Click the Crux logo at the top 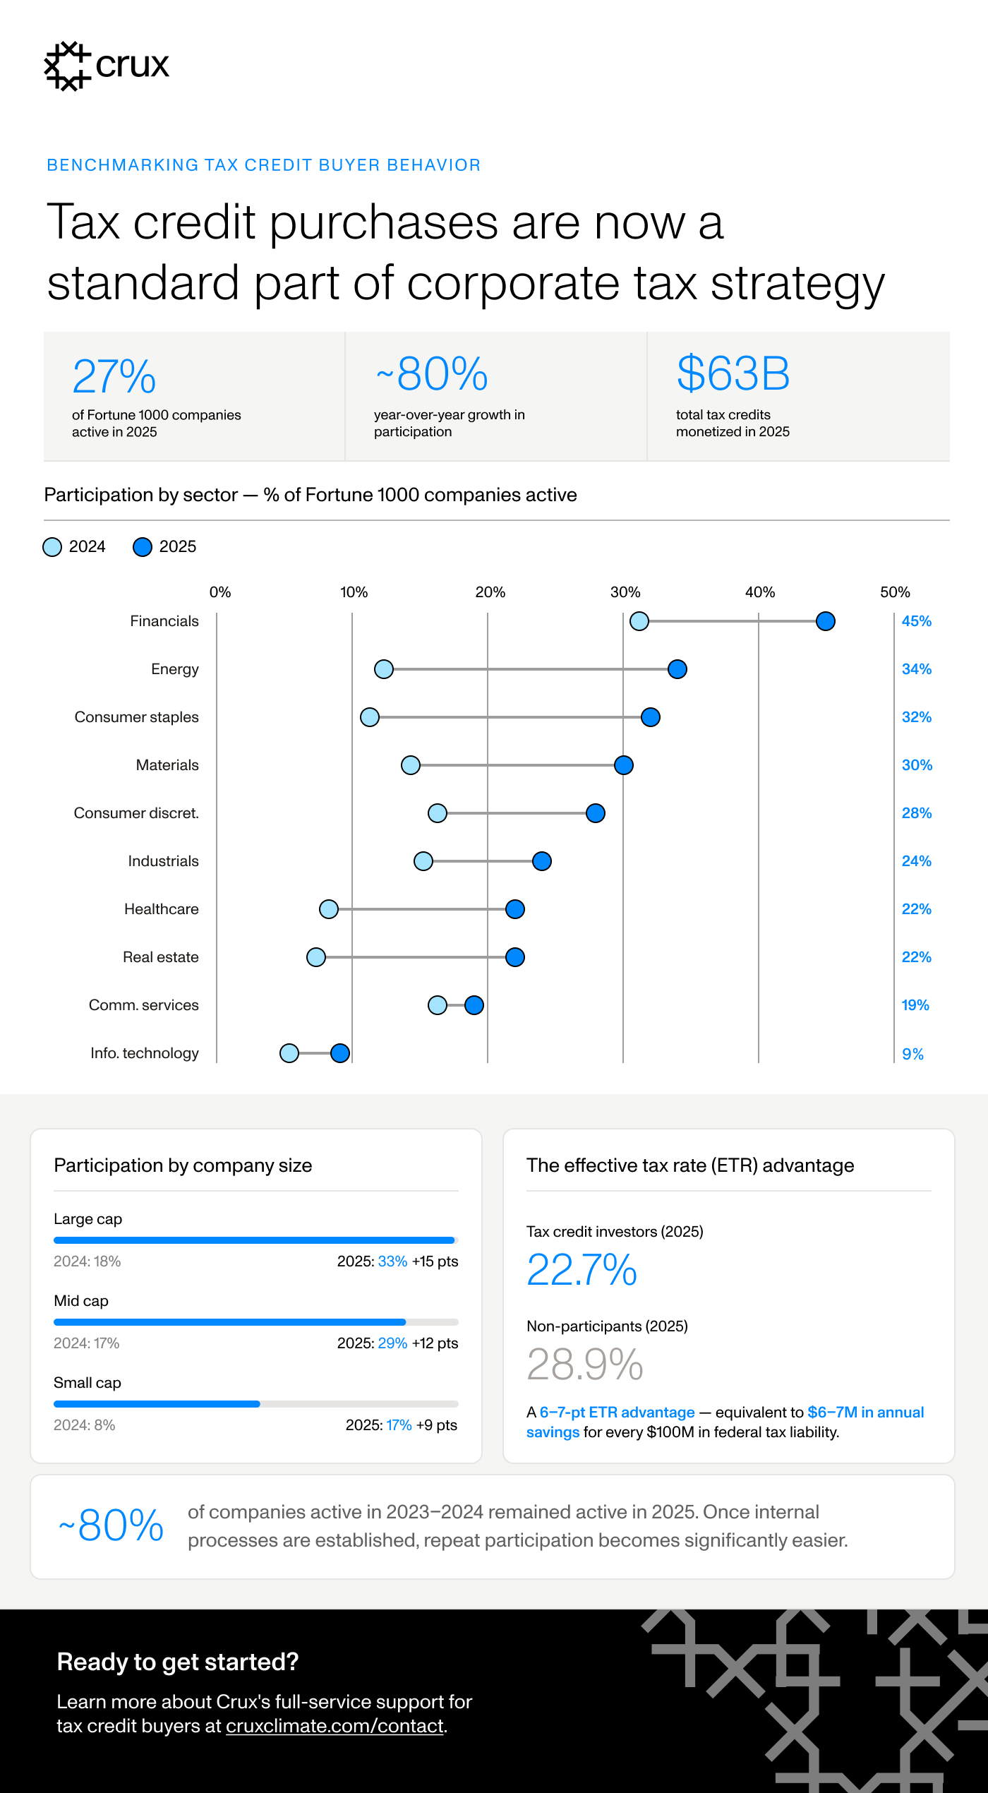click(x=107, y=66)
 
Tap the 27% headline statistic click(x=114, y=376)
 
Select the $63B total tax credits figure click(x=733, y=373)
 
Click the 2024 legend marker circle click(x=52, y=547)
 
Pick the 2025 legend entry click(x=165, y=547)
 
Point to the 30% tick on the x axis click(x=625, y=592)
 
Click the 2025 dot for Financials click(x=825, y=621)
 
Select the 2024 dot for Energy click(x=383, y=669)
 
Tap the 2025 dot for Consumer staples click(x=650, y=717)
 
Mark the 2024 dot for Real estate click(x=315, y=957)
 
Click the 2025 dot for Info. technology click(x=340, y=1053)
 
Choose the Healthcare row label click(x=161, y=909)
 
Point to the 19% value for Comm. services click(x=915, y=1005)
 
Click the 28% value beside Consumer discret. click(x=917, y=813)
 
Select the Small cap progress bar click(x=255, y=1404)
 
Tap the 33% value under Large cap click(x=392, y=1261)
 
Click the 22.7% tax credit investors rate click(x=582, y=1270)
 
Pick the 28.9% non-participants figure click(x=584, y=1364)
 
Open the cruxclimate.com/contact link click(x=335, y=1726)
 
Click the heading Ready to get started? click(x=178, y=1662)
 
